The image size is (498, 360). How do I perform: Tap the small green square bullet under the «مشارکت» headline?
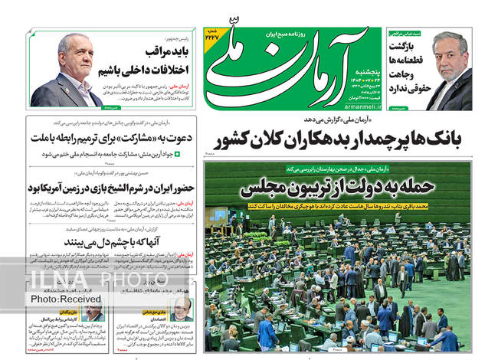point(178,154)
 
